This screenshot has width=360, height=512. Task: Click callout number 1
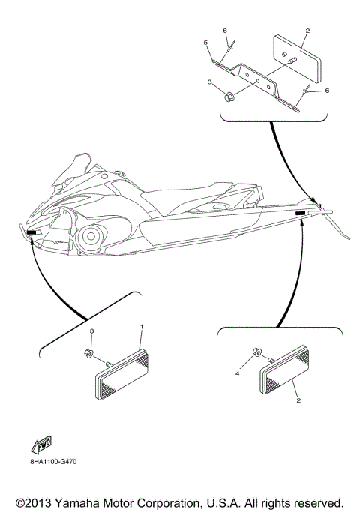point(142,328)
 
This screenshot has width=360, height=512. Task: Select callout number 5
point(205,44)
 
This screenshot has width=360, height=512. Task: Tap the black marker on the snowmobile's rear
point(301,214)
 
